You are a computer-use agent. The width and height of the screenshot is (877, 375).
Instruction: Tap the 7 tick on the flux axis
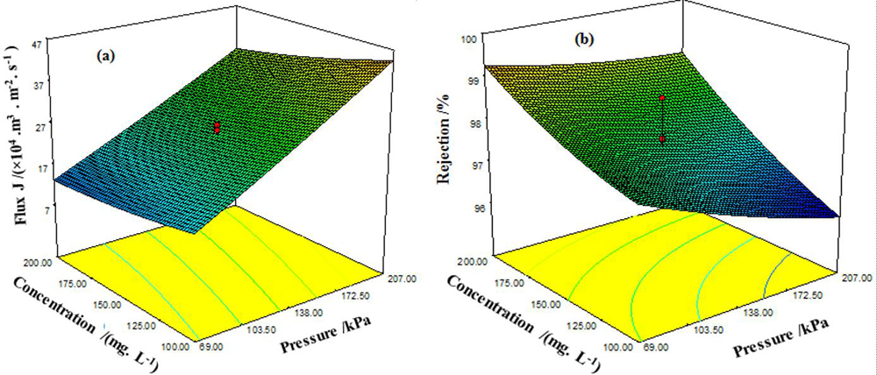(43, 209)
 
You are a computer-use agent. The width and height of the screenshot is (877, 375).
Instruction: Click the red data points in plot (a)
(217, 128)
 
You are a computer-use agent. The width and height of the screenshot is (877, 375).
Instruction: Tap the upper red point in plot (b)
(663, 98)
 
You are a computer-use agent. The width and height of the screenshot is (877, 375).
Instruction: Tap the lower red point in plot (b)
(663, 139)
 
